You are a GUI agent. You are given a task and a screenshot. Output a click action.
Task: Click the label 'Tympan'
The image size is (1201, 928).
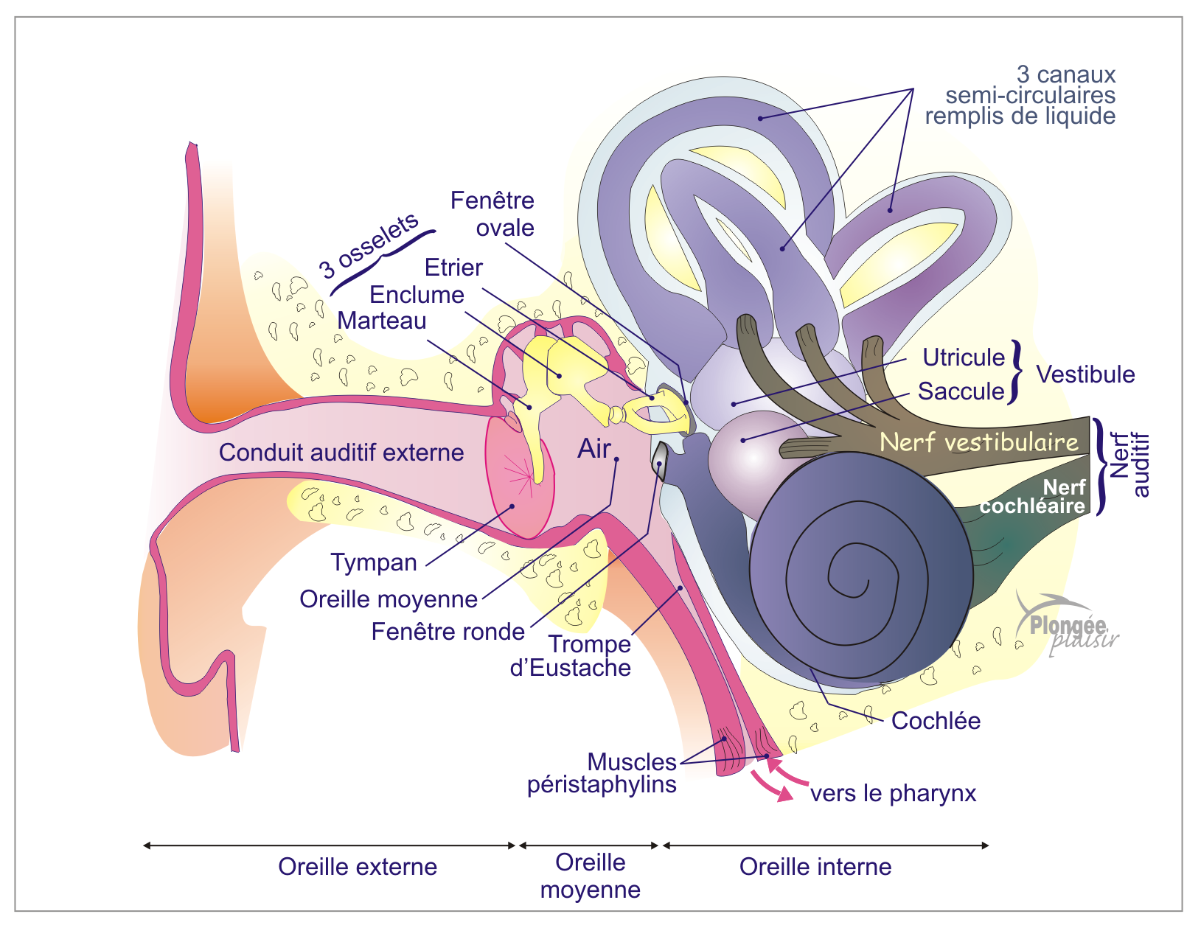(374, 562)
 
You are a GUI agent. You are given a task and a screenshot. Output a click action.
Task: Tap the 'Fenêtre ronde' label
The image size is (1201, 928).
(448, 632)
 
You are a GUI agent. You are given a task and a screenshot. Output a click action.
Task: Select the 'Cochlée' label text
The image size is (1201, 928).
(936, 720)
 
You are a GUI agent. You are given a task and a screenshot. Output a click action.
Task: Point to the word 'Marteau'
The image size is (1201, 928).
(382, 321)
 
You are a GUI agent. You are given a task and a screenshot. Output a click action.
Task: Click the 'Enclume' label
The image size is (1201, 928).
(417, 294)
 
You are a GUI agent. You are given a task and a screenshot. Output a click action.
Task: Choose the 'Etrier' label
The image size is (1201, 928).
(453, 267)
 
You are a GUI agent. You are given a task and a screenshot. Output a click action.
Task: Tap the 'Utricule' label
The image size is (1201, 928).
(964, 357)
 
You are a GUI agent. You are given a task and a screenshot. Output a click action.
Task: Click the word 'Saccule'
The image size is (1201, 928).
(961, 391)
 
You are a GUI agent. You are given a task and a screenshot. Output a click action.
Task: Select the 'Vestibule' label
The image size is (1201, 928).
(1085, 374)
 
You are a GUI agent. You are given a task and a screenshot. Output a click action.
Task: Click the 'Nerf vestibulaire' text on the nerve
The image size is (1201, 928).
(979, 442)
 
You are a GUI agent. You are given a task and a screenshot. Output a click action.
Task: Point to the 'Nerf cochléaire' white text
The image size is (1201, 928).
(1032, 497)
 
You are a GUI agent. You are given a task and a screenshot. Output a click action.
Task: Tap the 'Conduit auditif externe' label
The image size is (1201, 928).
(341, 452)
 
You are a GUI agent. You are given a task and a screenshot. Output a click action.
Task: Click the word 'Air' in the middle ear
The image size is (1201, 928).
(594, 448)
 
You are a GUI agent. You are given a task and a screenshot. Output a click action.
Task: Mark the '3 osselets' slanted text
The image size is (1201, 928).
(369, 246)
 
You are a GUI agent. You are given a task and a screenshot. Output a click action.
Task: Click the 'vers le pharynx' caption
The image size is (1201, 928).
(893, 793)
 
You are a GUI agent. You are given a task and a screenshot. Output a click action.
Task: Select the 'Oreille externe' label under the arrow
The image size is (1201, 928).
(358, 866)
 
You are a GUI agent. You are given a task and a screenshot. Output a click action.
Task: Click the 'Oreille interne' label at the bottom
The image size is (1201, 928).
(815, 866)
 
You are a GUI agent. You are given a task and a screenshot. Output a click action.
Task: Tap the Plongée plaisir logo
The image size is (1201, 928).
(1067, 625)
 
